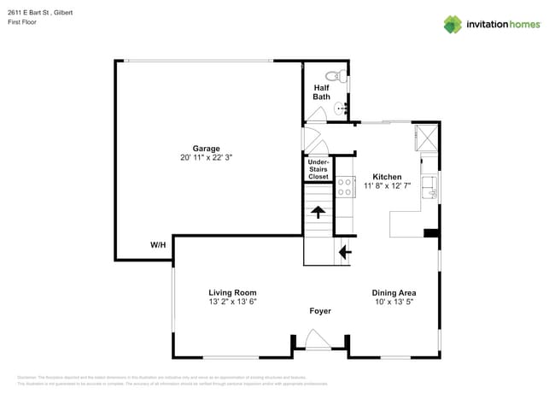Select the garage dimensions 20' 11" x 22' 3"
click(206, 158)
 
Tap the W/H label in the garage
click(158, 245)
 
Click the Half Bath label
click(321, 92)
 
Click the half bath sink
click(341, 108)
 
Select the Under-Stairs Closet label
click(318, 169)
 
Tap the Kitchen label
click(387, 176)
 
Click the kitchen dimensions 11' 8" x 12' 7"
click(387, 186)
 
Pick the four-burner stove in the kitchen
click(345, 188)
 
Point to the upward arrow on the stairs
click(318, 212)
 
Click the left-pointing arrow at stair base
click(344, 252)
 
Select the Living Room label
click(232, 292)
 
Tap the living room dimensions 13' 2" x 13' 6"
click(232, 302)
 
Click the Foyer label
click(319, 311)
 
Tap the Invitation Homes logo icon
click(452, 24)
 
